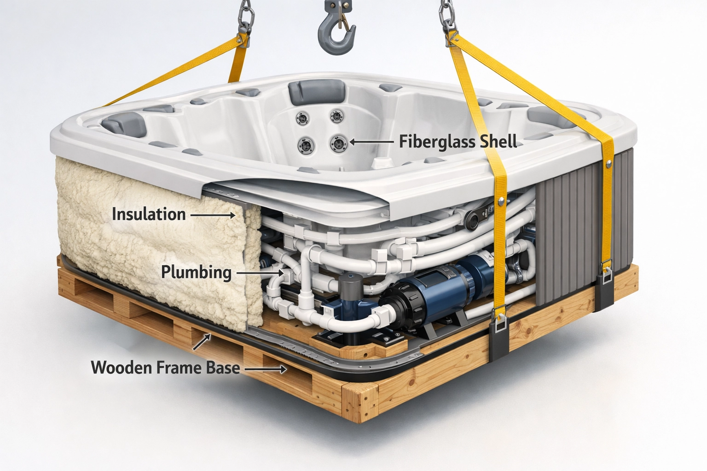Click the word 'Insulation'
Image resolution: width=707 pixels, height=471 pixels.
[x=149, y=214]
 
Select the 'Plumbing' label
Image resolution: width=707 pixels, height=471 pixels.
[x=196, y=272]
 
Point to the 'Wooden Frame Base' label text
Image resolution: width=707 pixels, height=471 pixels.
[x=165, y=368]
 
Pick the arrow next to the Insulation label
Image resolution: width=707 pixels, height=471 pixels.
[x=212, y=215]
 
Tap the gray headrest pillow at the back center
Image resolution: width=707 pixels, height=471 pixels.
[x=317, y=91]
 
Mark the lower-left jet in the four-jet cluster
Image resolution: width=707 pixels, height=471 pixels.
[x=306, y=146]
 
